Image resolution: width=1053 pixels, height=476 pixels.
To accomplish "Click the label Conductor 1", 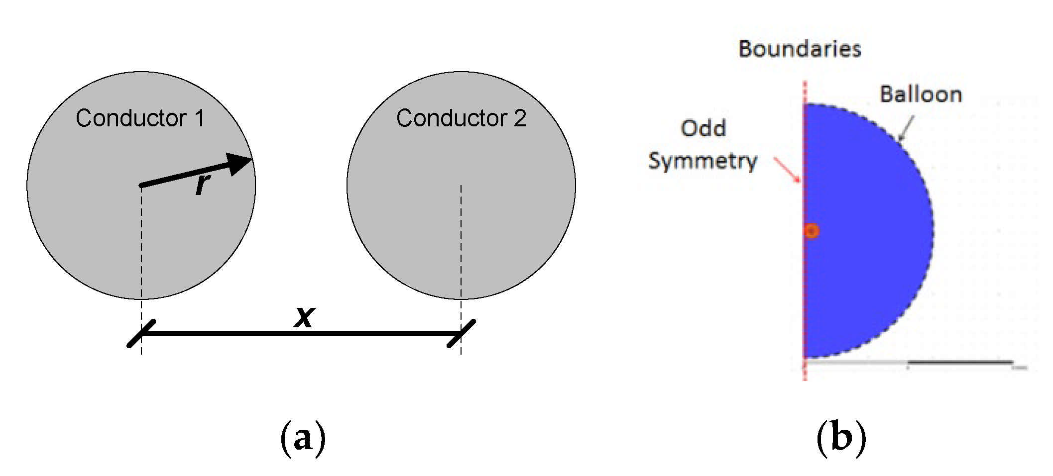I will pos(140,118).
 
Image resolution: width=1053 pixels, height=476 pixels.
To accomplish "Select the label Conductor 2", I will pos(461,118).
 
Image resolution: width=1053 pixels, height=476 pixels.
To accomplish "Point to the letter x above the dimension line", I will pos(304,316).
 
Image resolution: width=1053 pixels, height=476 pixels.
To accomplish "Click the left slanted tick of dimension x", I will pos(141,333).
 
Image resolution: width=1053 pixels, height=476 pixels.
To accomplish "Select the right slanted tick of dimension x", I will pos(461,333).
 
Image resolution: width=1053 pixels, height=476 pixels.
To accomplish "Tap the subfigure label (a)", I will pos(303,438).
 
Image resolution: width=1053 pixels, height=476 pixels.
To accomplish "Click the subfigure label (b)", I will pos(841,438).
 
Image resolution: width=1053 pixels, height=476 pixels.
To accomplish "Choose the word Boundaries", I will pos(800,49).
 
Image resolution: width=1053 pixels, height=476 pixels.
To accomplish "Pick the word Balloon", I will pos(921,95).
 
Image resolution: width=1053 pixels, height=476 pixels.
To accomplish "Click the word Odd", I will pos(703,128).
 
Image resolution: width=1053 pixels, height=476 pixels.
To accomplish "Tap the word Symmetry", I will pos(702,161).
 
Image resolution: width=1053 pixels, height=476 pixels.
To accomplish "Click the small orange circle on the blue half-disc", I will pos(812,231).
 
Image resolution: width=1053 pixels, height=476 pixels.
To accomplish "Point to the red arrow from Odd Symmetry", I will pos(788,170).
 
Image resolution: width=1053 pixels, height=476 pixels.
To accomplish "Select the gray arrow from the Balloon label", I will pos(906,128).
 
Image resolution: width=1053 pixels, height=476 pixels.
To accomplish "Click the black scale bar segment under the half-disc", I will pos(960,362).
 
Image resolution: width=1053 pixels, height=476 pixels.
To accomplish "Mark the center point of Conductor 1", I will pos(141,186).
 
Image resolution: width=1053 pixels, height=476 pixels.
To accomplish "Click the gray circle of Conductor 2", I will pos(461,224).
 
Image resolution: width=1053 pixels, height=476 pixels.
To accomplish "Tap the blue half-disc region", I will pos(866,249).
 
